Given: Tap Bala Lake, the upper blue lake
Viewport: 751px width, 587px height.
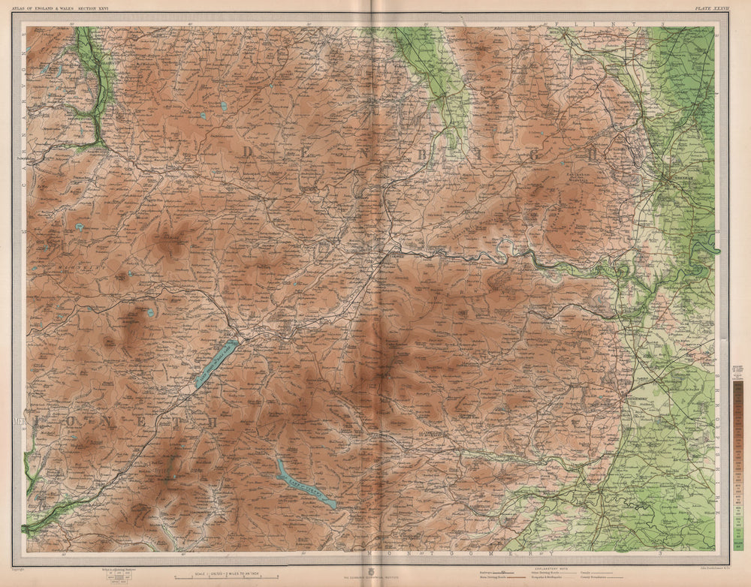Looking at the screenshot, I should [216, 363].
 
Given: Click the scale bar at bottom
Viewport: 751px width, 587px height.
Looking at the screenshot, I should [225, 576].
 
